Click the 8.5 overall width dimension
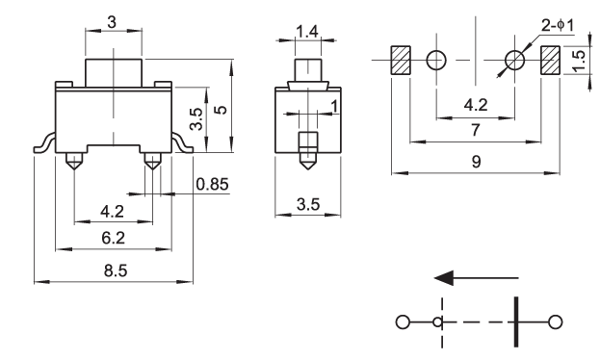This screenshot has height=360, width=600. [116, 270]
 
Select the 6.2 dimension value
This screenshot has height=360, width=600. [114, 238]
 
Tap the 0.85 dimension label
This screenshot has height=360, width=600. [213, 185]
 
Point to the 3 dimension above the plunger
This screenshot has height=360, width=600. [112, 22]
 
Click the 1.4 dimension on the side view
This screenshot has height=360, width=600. [307, 32]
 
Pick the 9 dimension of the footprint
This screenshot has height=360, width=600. [476, 162]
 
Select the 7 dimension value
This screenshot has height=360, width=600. [476, 130]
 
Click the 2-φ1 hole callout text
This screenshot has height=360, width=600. [558, 26]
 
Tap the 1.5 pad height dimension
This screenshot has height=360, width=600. [580, 60]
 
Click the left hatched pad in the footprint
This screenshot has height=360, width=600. [401, 60]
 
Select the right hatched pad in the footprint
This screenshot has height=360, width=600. [550, 60]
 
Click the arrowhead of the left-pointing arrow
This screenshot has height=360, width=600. [444, 278]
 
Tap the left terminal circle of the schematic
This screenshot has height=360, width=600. [403, 322]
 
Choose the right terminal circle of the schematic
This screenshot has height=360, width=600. [556, 322]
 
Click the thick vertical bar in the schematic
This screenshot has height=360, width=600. [516, 321]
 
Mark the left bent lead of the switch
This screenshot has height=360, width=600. [44, 142]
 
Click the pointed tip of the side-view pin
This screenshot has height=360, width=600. [307, 169]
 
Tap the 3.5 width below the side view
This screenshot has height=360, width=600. [308, 205]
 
